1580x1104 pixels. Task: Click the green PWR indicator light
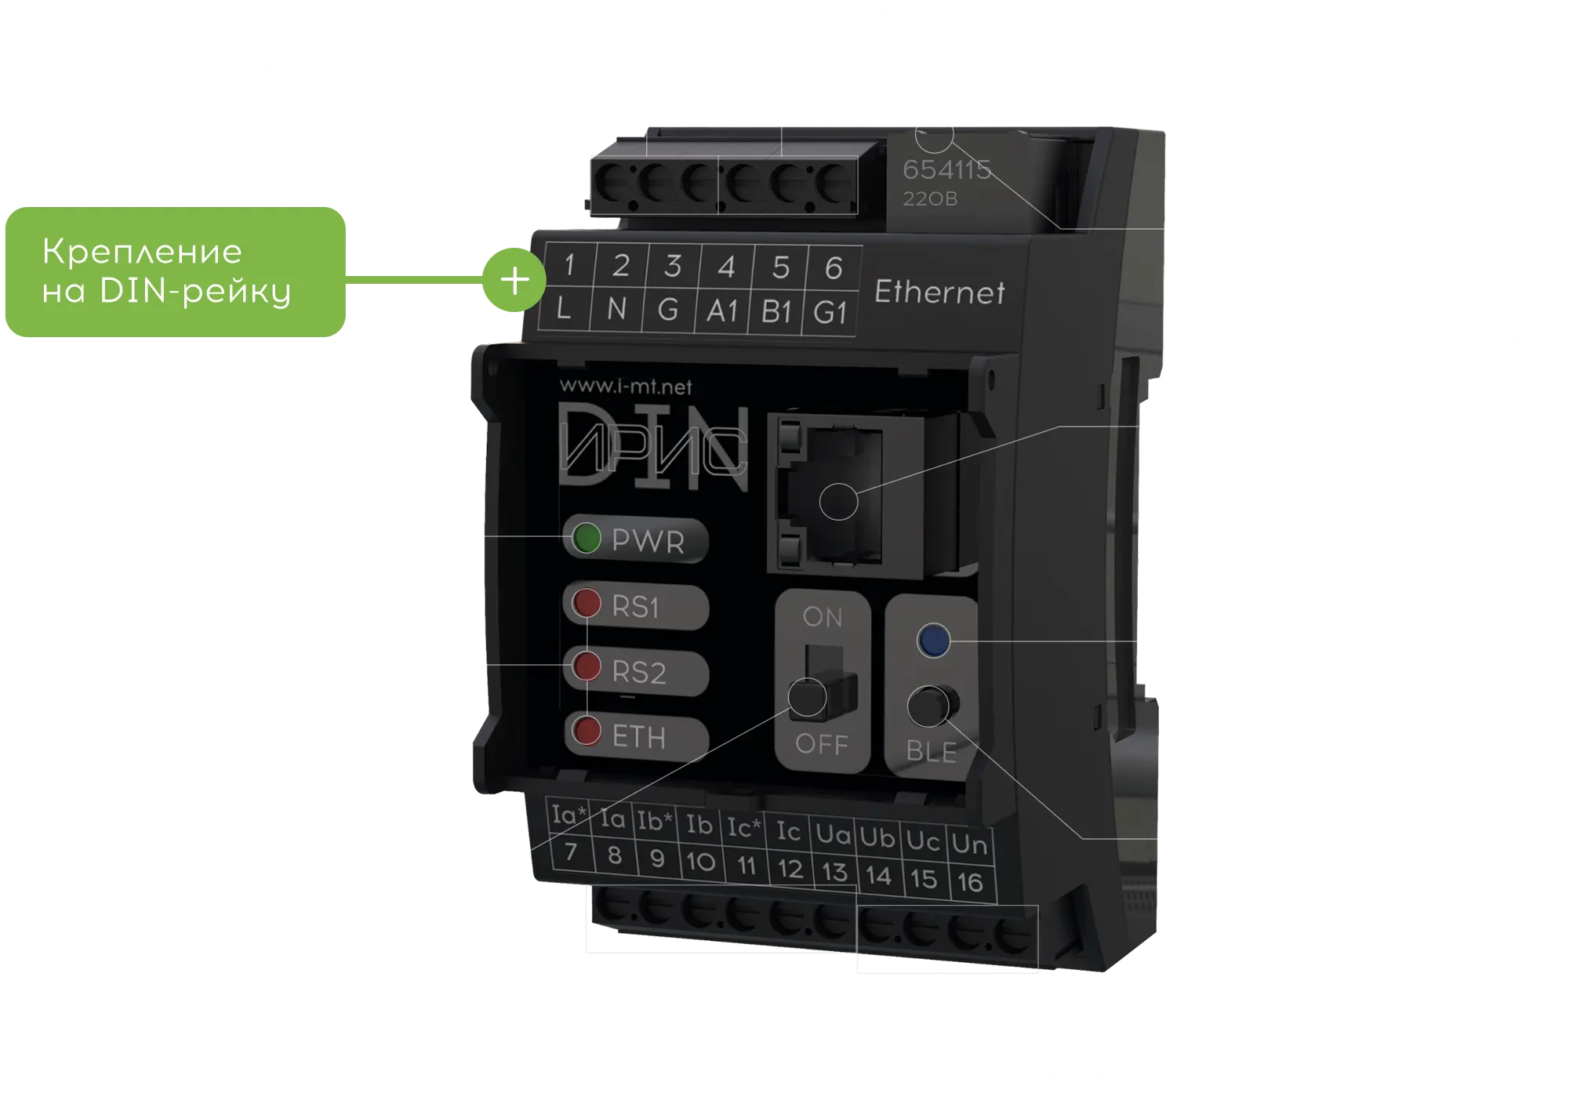point(587,539)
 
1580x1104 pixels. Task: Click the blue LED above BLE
point(933,640)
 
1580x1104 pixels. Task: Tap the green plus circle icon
point(514,280)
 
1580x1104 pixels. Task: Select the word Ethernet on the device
point(939,292)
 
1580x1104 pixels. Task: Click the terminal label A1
point(722,311)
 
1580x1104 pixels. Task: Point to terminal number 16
point(970,882)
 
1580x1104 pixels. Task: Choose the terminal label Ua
point(833,834)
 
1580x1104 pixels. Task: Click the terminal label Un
point(969,844)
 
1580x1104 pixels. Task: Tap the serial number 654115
point(946,169)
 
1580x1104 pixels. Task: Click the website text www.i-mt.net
point(626,386)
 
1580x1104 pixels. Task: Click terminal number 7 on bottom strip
point(570,851)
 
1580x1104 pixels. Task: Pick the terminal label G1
point(830,314)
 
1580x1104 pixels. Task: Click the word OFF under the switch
point(821,743)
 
